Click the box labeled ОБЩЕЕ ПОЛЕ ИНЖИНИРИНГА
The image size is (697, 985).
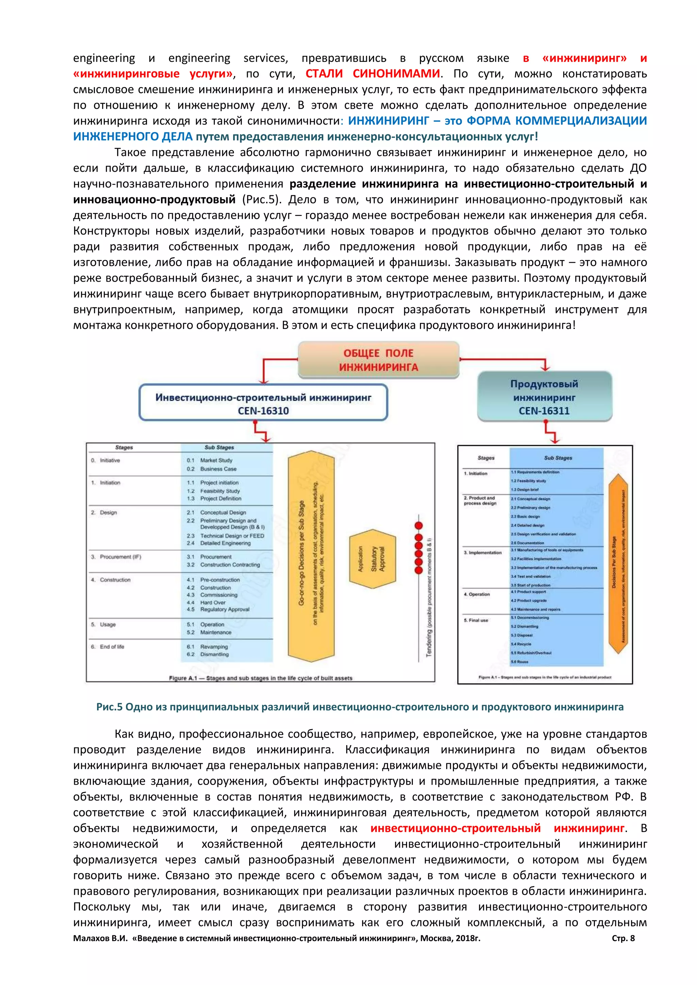(378, 360)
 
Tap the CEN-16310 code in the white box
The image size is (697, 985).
(263, 411)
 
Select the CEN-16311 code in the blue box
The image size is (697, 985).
(544, 411)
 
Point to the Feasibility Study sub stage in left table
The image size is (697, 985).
(220, 491)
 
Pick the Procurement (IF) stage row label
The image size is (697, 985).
(120, 557)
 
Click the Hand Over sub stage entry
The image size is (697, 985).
(212, 602)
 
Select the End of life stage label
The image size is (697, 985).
(112, 647)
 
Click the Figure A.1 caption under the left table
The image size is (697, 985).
(260, 678)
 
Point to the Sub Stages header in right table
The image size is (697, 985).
(558, 458)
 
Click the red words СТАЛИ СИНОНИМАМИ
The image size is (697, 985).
(373, 74)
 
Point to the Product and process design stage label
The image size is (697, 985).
(480, 501)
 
